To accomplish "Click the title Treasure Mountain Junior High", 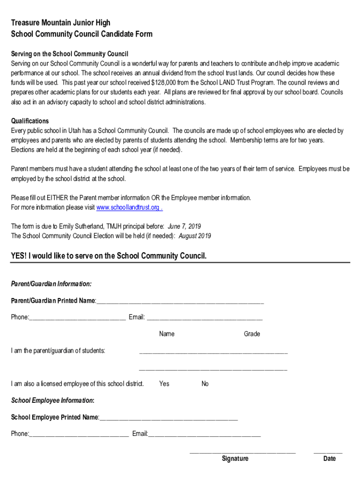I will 61,23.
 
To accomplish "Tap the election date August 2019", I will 195,236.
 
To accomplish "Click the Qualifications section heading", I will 30,121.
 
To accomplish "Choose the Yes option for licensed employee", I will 164,384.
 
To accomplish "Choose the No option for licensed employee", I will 205,384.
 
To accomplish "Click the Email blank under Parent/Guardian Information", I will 204,319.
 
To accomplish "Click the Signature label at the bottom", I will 235,459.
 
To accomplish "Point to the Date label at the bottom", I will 330,459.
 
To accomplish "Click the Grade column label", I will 252,334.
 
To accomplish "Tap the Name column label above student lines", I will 167,334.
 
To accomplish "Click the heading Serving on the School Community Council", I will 70,54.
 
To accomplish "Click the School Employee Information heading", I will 53,401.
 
